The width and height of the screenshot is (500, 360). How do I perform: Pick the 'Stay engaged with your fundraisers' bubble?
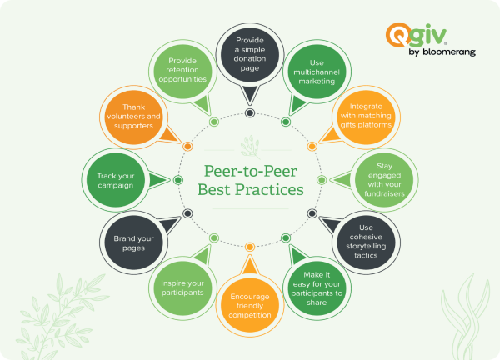pyautogui.click(x=379, y=180)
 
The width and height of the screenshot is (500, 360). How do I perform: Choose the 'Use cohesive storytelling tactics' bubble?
pyautogui.click(x=363, y=242)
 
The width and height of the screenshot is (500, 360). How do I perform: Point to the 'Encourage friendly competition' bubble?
pyautogui.click(x=249, y=303)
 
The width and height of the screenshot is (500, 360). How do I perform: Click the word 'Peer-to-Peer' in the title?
pyautogui.click(x=250, y=171)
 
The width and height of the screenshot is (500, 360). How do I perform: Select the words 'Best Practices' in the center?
pyautogui.click(x=250, y=191)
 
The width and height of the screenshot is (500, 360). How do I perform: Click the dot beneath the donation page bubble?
pyautogui.click(x=249, y=112)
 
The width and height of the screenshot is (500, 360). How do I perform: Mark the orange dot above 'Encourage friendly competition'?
pyautogui.click(x=249, y=246)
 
